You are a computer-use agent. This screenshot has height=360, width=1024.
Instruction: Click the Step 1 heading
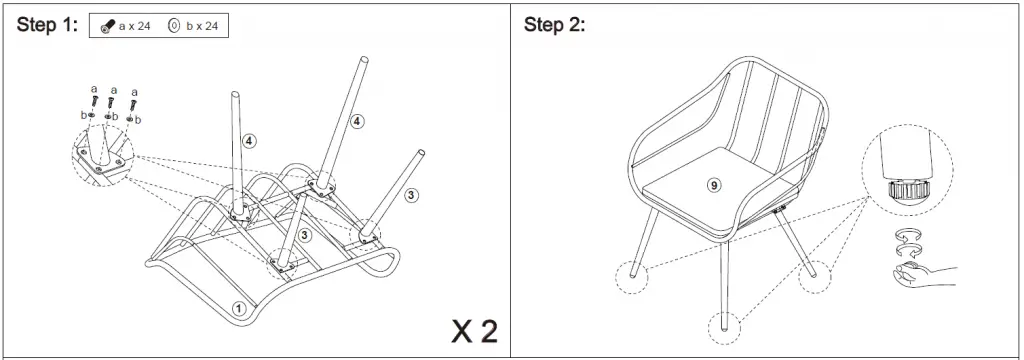pos(47,26)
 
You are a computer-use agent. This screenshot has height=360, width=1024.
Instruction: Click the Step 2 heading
pos(554,26)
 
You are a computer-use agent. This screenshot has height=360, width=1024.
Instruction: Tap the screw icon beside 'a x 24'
pos(106,27)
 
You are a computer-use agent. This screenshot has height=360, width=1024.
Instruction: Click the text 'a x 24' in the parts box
pos(135,27)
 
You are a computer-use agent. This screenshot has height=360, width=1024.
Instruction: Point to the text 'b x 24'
pos(201,27)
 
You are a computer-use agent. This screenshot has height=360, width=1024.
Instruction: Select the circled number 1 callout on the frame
pos(239,307)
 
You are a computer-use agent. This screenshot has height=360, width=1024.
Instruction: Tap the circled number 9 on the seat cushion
pos(713,184)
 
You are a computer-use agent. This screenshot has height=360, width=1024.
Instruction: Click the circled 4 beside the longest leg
pos(357,121)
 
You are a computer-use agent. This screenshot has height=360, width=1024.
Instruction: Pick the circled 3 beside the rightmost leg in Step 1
pos(411,195)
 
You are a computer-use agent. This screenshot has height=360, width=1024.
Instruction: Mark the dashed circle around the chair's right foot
pos(815,274)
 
